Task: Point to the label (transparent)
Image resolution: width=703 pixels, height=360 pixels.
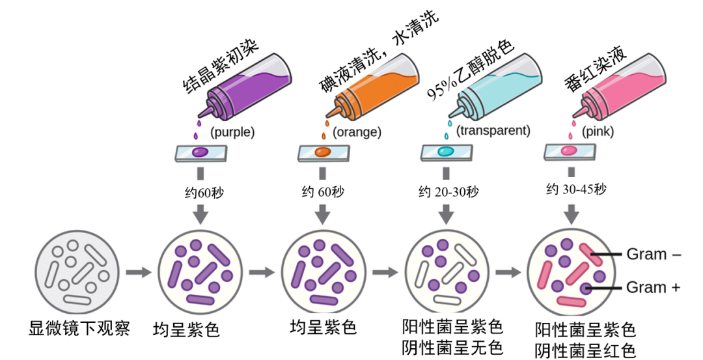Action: tap(493, 130)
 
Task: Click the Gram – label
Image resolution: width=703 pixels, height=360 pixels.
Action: tap(654, 255)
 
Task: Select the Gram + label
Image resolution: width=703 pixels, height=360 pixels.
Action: tap(654, 287)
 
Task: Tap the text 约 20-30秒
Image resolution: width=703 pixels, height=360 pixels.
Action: tap(448, 192)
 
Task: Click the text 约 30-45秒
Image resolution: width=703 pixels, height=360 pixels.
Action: tap(576, 189)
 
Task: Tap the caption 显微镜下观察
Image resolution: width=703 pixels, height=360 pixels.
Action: tap(79, 328)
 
